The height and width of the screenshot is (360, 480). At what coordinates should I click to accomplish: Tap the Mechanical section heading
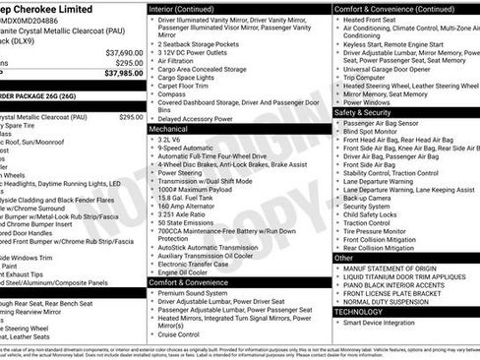168,129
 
